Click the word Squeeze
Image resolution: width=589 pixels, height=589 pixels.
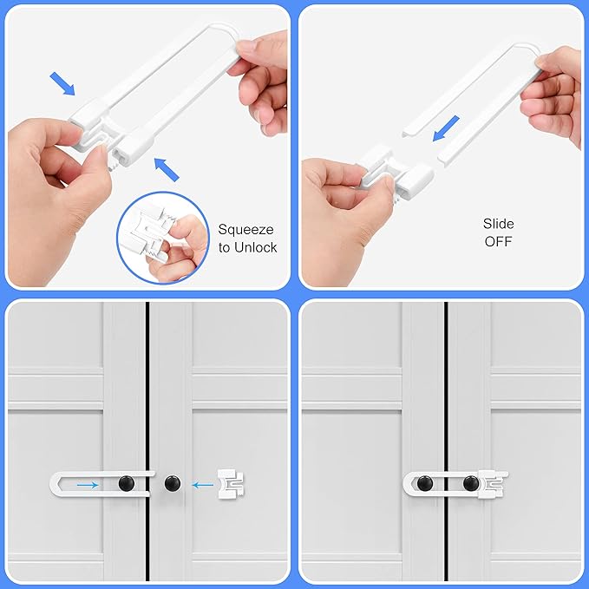[245, 230]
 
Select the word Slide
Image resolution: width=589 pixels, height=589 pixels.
[498, 224]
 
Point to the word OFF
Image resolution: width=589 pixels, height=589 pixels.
[498, 240]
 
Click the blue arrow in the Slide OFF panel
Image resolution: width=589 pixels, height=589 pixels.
[447, 129]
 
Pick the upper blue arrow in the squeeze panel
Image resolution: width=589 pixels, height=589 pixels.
[63, 83]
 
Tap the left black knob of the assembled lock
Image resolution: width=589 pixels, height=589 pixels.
[425, 482]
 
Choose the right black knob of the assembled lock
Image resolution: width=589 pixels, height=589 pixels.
[470, 482]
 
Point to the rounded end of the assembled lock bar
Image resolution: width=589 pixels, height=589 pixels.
[408, 482]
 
